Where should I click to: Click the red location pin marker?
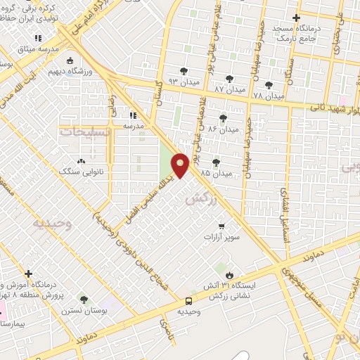click(180, 165)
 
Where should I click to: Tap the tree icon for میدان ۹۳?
click(184, 70)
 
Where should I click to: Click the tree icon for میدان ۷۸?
click(268, 85)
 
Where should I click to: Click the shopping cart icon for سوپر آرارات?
click(221, 226)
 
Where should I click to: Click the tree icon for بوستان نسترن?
click(84, 300)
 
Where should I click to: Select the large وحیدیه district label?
click(51, 223)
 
